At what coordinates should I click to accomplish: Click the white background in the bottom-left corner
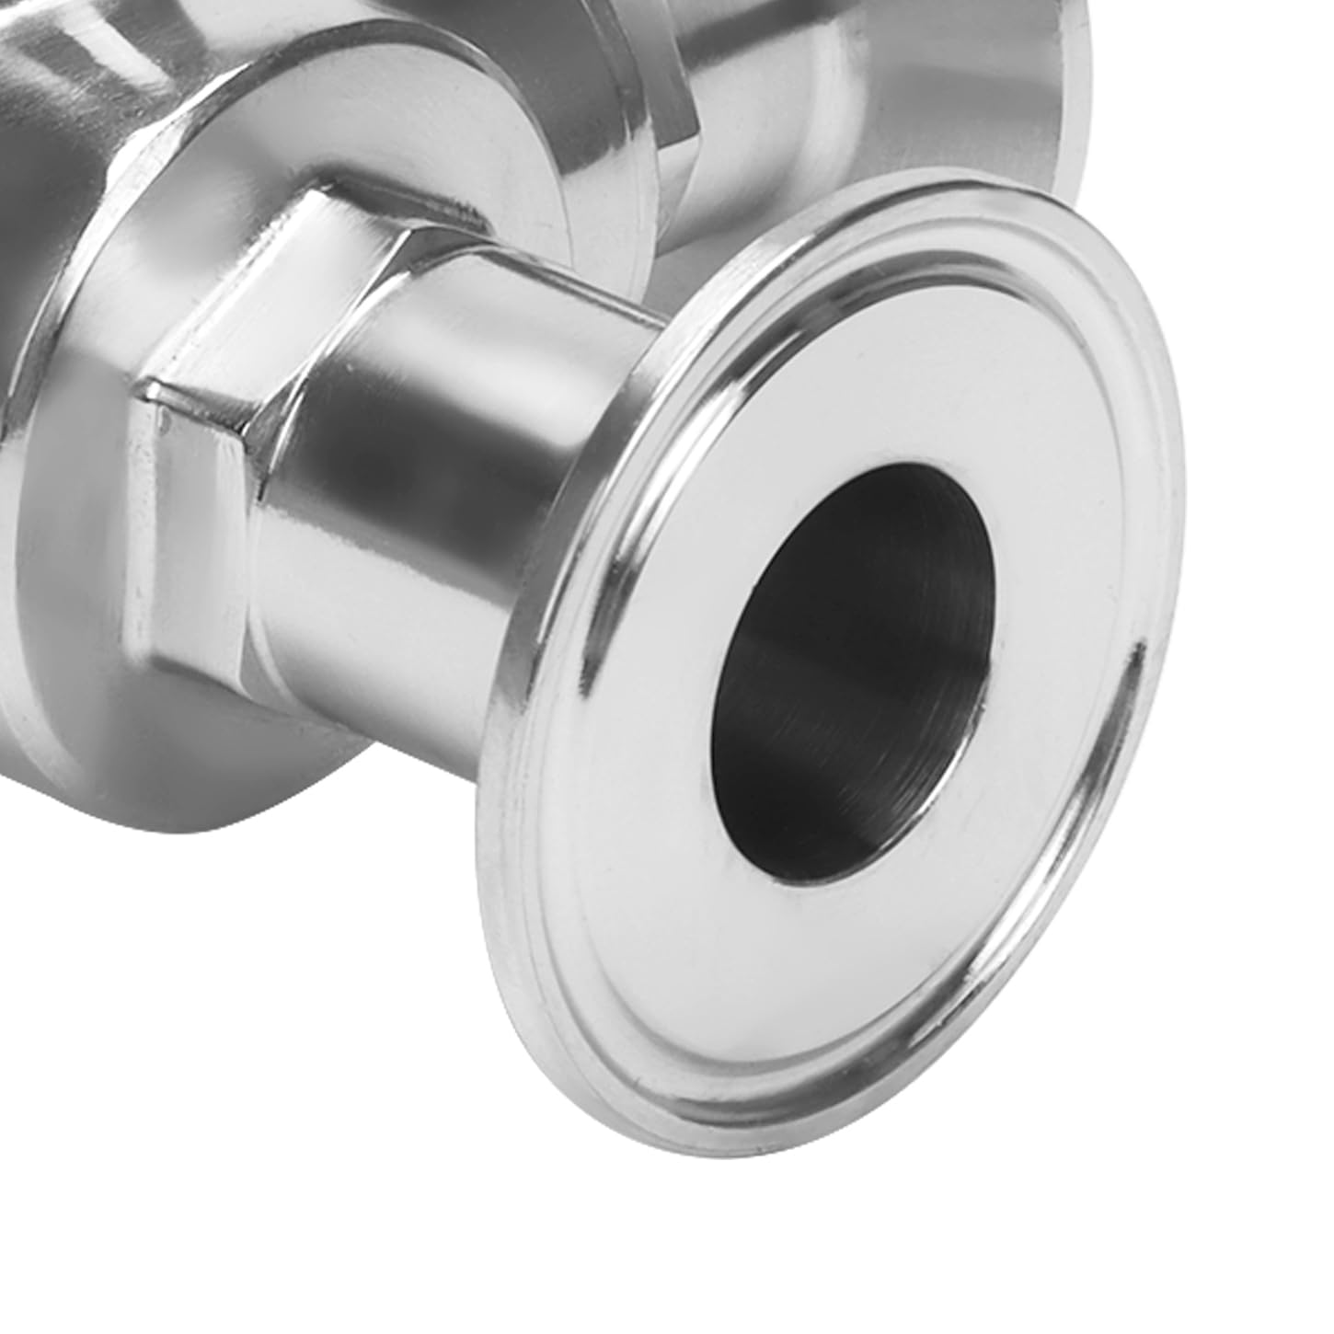coord(138,1196)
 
